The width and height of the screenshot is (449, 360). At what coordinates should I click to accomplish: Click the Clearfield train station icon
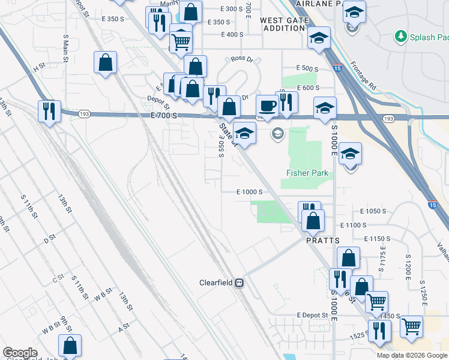(x=239, y=283)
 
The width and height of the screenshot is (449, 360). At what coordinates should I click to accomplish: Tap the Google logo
(x=20, y=353)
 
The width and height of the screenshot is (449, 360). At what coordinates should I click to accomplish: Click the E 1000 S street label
(x=250, y=192)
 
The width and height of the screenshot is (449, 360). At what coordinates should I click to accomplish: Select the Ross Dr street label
(x=243, y=59)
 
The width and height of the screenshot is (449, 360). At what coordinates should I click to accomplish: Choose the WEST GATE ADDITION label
(x=283, y=24)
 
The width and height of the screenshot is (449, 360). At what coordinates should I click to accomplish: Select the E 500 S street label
(x=307, y=68)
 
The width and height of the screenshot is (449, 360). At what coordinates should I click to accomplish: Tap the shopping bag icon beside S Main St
(x=105, y=62)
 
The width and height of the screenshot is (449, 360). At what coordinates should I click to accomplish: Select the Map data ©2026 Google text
(x=412, y=355)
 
